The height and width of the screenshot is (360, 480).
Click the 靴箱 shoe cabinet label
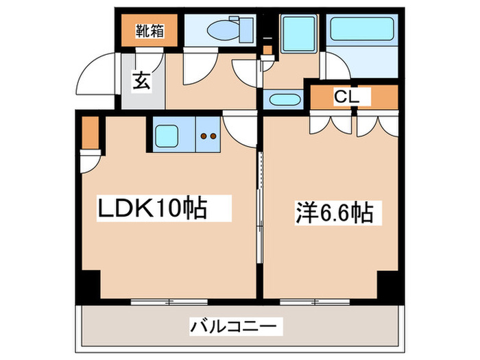pyautogui.click(x=149, y=31)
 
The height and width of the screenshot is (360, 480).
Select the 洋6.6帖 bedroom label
pyautogui.click(x=335, y=214)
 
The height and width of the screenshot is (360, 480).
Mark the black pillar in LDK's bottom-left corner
pyautogui.click(x=89, y=283)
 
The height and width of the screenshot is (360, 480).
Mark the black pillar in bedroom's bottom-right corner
pyautogui.click(x=387, y=283)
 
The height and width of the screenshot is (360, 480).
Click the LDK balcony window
pyautogui.click(x=169, y=300)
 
